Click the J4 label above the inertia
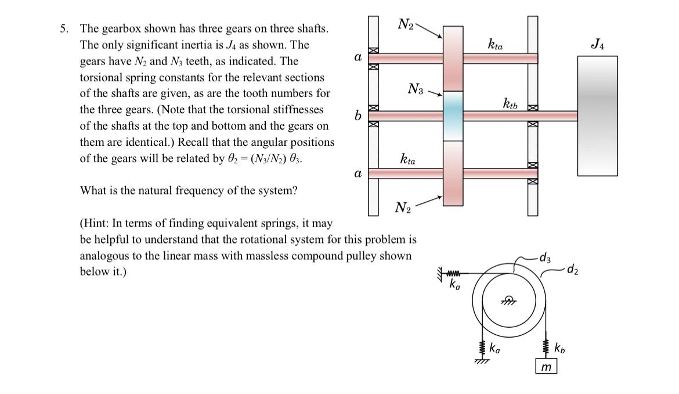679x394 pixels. point(597,44)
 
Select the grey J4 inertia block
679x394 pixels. point(597,115)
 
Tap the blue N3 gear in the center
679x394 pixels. point(453,116)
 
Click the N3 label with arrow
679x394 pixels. point(417,89)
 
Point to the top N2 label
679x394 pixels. point(406,24)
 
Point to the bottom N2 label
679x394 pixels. point(403,208)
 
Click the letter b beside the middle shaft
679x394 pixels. point(359,116)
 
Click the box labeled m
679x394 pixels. point(546,367)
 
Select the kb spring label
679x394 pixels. point(559,349)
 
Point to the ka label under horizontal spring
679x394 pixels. point(456,285)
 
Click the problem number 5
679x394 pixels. point(65,28)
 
